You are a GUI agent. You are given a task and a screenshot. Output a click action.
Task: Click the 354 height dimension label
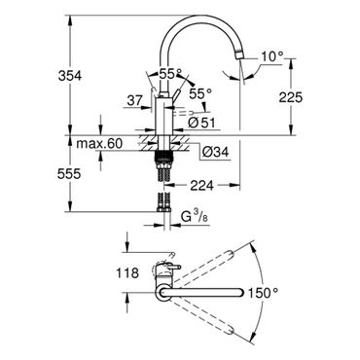(x=70, y=76)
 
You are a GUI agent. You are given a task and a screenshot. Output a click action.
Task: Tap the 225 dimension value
(x=291, y=97)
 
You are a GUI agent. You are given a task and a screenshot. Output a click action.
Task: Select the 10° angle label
(x=272, y=56)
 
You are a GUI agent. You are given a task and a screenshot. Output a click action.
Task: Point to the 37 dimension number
(x=134, y=101)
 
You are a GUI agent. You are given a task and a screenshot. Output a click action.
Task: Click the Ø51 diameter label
(x=201, y=123)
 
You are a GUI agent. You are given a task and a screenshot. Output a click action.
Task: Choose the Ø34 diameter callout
(x=215, y=152)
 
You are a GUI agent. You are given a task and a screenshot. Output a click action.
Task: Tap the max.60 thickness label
(x=99, y=143)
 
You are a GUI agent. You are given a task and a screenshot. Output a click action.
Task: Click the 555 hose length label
(x=69, y=174)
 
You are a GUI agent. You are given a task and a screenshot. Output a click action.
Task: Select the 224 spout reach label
(x=201, y=186)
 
